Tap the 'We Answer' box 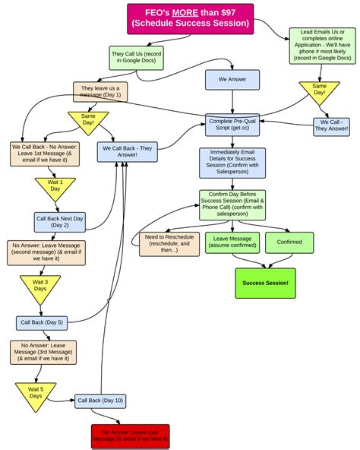pyautogui.click(x=232, y=80)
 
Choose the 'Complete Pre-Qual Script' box pyautogui.click(x=232, y=125)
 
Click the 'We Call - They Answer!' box pyautogui.click(x=330, y=125)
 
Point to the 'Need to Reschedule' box pyautogui.click(x=168, y=244)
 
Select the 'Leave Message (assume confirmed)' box pyautogui.click(x=232, y=242)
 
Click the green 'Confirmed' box pyautogui.click(x=289, y=242)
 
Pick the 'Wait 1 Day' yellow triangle pyautogui.click(x=55, y=188)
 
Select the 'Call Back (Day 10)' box pyautogui.click(x=99, y=400)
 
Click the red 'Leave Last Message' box pyautogui.click(x=131, y=436)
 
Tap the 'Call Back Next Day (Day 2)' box pyautogui.click(x=60, y=222)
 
